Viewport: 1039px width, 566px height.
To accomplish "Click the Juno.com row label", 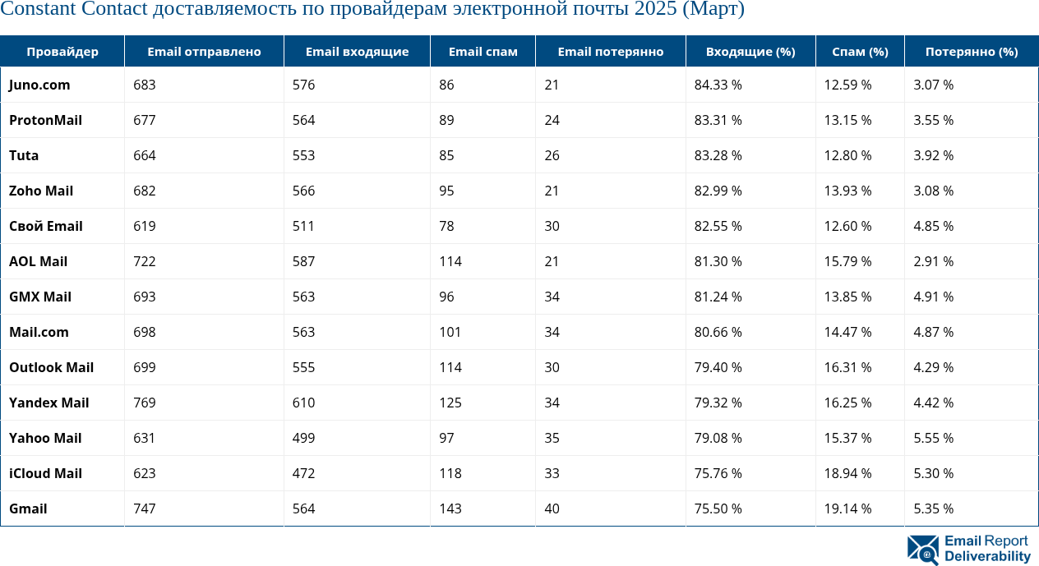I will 39,85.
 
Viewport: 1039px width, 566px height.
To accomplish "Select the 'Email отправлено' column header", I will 204,52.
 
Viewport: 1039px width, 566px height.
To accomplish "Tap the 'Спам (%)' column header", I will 860,52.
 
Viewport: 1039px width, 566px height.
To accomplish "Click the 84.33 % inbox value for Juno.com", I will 718,85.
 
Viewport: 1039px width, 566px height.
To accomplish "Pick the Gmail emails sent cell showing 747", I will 144,508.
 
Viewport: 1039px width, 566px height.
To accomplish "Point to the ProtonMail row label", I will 45,120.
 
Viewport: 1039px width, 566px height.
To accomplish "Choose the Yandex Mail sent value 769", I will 144,403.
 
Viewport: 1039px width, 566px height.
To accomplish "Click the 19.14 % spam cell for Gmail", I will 847,508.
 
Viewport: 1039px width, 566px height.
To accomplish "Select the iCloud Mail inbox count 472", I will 303,473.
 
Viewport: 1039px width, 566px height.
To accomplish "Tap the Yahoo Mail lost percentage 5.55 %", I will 933,438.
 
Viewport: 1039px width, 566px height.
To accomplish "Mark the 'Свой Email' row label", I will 46,226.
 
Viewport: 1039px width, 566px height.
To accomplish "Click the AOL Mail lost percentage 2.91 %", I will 933,261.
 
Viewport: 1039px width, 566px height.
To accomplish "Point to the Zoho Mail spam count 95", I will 446,191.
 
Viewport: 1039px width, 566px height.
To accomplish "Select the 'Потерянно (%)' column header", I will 971,52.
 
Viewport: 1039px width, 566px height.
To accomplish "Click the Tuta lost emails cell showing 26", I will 552,155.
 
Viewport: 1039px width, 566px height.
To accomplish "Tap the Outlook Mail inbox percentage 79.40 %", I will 718,367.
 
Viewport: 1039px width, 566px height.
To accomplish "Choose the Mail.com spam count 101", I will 450,332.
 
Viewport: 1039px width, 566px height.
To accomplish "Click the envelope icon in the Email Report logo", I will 922,549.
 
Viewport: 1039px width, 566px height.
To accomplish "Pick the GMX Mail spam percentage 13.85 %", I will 847,297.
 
